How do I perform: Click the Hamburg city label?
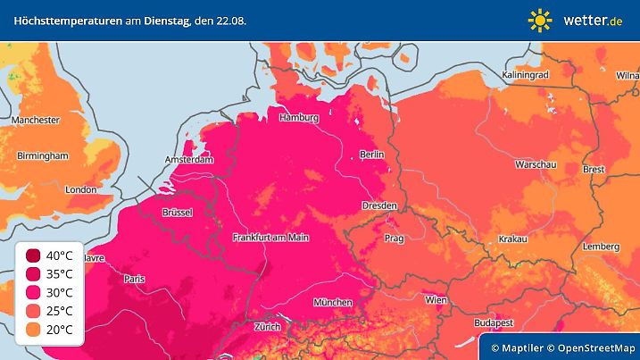pos(299,117)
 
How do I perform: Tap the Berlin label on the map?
pos(371,155)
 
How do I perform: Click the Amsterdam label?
pos(189,160)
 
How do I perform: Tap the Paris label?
pos(135,279)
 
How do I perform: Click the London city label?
pos(80,189)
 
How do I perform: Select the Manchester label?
pos(36,120)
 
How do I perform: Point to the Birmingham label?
pos(42,155)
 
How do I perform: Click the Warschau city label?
pos(536,165)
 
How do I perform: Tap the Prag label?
pos(395,239)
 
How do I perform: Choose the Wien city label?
pos(436,300)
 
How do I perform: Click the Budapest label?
pos(493,322)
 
